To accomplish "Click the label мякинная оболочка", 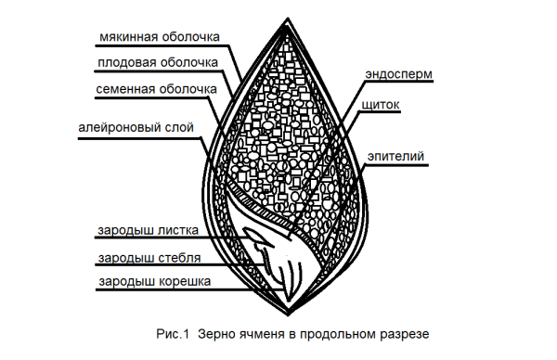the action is coord(158,38).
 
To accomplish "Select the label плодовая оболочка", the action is coord(158,63).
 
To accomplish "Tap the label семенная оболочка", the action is coord(156,89).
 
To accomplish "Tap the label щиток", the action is coord(382,106).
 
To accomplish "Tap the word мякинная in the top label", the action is coord(126,38).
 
